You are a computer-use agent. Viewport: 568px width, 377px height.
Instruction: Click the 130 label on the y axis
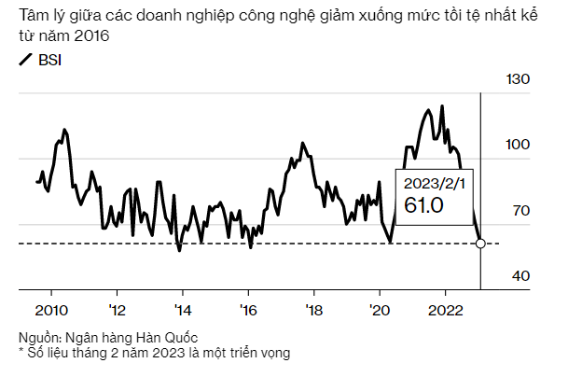(517, 80)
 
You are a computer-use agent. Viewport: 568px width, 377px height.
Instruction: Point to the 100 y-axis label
(517, 145)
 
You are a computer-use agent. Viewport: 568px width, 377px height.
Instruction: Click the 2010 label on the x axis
(50, 311)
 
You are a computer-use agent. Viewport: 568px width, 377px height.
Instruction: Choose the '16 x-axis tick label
(248, 311)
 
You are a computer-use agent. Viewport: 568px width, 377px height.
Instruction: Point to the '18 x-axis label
(314, 311)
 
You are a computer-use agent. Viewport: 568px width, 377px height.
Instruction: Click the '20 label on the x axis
(380, 311)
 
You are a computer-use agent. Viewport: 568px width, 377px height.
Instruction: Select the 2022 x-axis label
(446, 311)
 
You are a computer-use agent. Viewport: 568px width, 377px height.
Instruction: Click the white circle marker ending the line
(480, 244)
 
